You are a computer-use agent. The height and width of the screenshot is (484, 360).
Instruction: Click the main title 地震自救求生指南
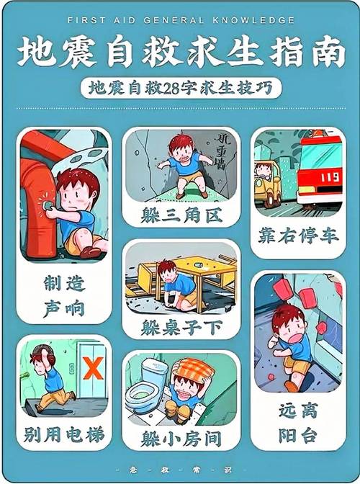pos(180,53)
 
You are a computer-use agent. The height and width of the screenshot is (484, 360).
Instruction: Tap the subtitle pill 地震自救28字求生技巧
pos(180,88)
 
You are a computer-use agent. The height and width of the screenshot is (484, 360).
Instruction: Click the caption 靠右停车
pos(297,236)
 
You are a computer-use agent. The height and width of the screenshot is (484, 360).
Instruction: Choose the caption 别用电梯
pos(63,435)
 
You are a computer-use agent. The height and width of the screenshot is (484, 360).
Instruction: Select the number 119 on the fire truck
pos(330,176)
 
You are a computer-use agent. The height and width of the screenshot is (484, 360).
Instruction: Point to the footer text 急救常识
pos(180,469)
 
